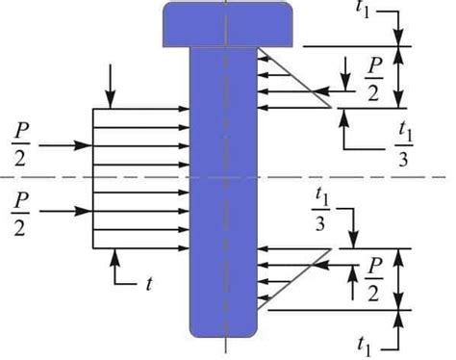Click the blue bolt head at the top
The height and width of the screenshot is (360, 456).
coord(223,23)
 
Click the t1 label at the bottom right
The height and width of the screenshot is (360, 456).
coord(365,344)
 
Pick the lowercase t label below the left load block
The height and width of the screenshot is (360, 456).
coord(150,284)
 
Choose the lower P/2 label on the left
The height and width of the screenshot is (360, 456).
coord(18,211)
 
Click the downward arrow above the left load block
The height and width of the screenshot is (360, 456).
coord(113,87)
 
